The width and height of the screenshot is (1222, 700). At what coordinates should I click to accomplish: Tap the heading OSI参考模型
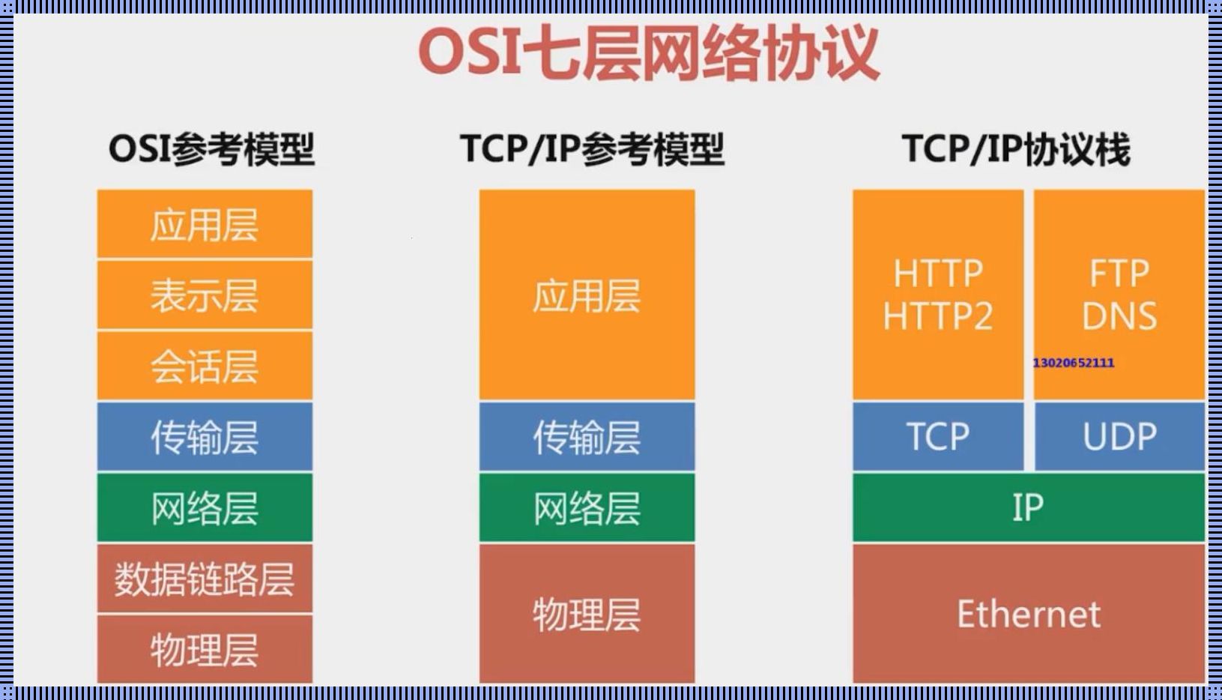click(211, 149)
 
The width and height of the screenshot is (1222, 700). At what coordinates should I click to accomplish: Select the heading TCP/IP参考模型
click(592, 149)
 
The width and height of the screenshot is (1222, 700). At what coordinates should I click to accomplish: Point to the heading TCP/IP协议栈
click(1016, 149)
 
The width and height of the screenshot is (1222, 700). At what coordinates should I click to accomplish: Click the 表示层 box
click(205, 295)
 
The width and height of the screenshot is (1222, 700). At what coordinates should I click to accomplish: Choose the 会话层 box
click(205, 366)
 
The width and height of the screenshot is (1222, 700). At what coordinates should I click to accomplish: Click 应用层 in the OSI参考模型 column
click(205, 225)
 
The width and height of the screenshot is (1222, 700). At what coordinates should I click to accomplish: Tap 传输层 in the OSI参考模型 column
click(205, 437)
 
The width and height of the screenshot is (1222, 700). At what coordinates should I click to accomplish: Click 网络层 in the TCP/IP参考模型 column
click(587, 508)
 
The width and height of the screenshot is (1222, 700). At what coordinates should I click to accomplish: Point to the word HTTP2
click(938, 316)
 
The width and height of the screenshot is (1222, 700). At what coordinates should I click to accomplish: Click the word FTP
click(1119, 274)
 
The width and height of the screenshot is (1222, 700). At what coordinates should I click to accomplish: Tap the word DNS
click(1119, 316)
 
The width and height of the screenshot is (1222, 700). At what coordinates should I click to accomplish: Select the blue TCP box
click(938, 436)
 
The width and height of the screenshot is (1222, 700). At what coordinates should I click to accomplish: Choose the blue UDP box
click(1119, 436)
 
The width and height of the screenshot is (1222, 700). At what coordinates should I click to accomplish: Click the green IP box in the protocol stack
click(1028, 507)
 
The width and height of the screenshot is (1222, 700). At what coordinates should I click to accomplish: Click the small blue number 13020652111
click(1073, 363)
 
